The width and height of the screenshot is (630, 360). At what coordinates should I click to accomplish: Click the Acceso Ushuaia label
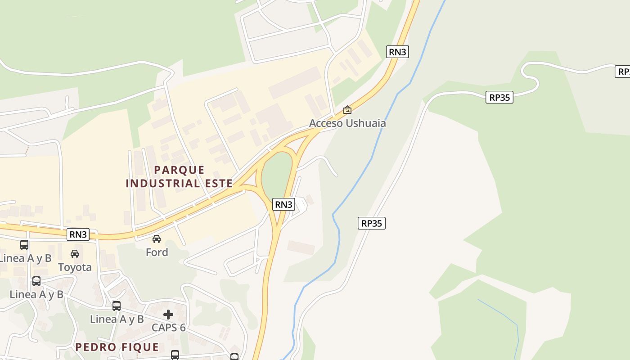point(347,123)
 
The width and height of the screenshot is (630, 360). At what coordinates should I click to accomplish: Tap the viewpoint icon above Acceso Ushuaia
point(347,109)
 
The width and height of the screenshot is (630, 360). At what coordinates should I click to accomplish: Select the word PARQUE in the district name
point(179,170)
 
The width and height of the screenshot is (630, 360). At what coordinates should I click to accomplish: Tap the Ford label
point(157,252)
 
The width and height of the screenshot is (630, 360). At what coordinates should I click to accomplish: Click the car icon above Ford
point(157,238)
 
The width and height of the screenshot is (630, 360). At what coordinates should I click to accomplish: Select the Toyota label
point(75,267)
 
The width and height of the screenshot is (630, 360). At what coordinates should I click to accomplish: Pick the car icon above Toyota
point(75,254)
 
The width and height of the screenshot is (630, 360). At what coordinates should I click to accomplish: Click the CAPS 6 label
point(168,328)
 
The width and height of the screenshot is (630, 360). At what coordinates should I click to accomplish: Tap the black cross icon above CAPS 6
point(168,314)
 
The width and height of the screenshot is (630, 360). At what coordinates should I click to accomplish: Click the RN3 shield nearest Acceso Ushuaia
point(397,52)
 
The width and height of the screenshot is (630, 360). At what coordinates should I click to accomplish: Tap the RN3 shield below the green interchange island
point(283,204)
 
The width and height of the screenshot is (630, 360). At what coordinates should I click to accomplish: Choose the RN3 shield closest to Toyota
point(78,234)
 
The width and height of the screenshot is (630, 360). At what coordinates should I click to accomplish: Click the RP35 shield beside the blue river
point(372,223)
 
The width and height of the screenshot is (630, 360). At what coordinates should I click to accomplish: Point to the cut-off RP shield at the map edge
point(623,72)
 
